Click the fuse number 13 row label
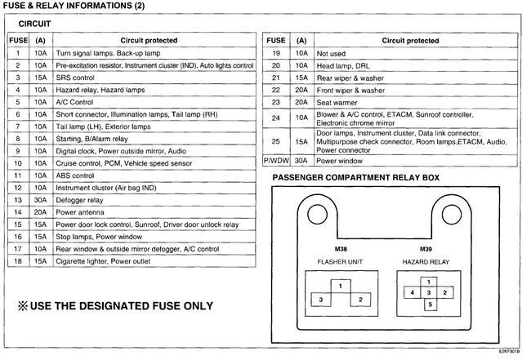(x=17, y=199)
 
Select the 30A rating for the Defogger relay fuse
(x=40, y=199)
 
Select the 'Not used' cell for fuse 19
(x=331, y=52)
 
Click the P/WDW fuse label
(x=276, y=161)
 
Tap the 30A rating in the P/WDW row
(x=301, y=161)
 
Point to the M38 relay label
(x=340, y=248)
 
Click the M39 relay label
(x=426, y=248)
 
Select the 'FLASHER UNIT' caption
(x=341, y=262)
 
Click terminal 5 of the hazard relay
(x=429, y=304)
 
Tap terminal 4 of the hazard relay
(x=413, y=292)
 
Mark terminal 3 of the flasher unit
(x=321, y=300)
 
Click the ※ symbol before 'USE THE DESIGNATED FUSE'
(x=21, y=306)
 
